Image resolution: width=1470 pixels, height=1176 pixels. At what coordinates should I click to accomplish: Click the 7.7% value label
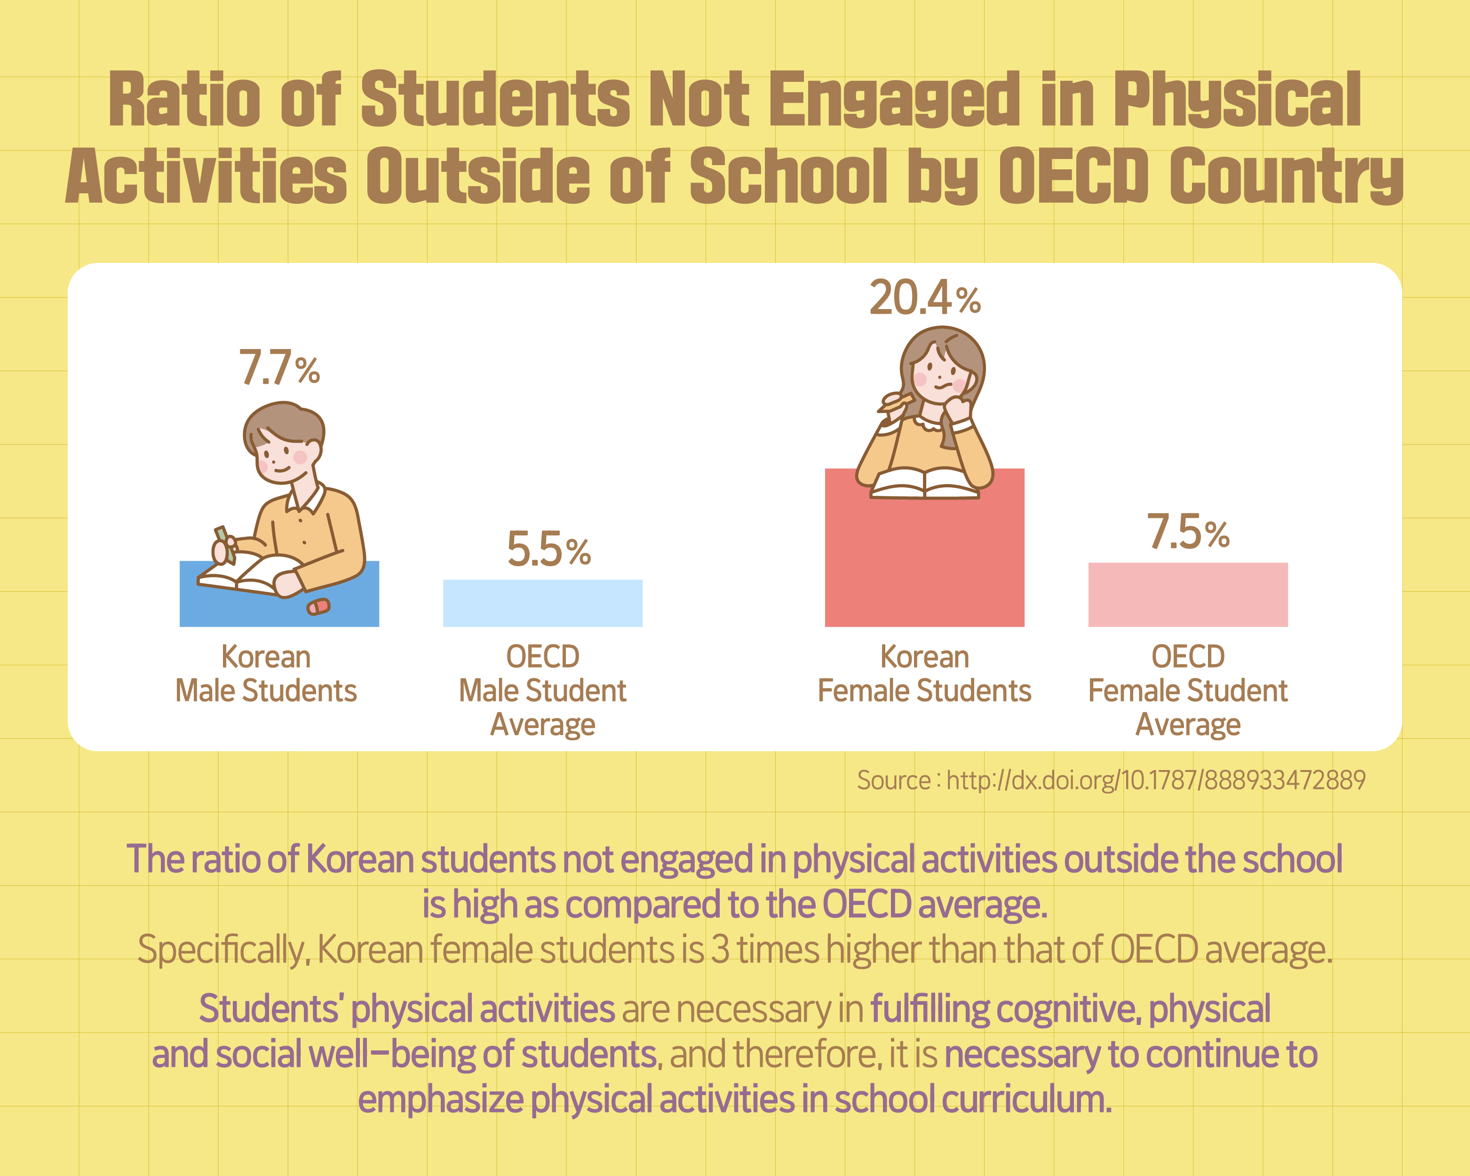point(279,368)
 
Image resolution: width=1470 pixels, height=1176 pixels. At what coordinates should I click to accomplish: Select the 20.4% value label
point(924,299)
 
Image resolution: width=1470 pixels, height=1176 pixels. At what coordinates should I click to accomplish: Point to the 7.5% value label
point(1188,532)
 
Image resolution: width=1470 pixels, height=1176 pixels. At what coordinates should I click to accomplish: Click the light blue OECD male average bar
point(543,604)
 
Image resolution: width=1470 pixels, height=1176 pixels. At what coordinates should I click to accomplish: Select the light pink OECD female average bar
point(1188,595)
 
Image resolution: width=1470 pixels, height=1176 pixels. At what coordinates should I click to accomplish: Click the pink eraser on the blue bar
point(318,606)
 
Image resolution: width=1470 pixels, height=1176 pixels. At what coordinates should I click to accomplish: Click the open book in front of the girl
point(924,484)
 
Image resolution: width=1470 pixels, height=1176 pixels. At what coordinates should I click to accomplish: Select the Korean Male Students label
point(266,674)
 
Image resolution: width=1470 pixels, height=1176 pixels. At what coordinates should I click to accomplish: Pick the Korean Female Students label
point(924,674)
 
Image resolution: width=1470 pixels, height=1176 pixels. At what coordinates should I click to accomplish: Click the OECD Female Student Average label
point(1188,690)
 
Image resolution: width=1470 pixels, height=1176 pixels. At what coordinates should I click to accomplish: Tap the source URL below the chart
point(1112,780)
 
